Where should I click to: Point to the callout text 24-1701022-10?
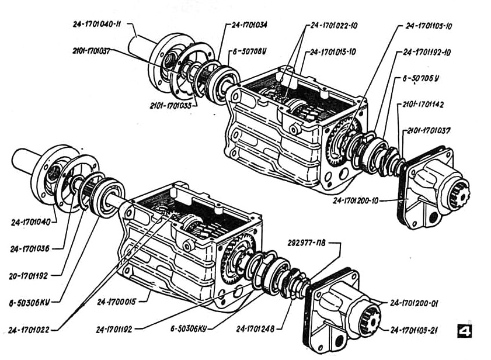tap(333, 26)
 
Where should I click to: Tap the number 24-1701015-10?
tap(333, 52)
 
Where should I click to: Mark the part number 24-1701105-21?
tap(419, 330)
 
